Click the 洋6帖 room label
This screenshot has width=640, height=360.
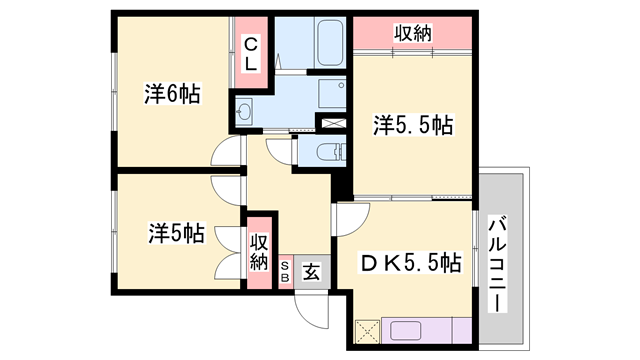coord(172,95)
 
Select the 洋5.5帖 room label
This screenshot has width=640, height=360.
coord(414,125)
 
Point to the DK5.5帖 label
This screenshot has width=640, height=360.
coord(410,263)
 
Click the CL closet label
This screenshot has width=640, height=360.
coord(249,52)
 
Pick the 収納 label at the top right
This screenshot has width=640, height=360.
coord(411,34)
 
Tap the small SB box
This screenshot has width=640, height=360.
coord(285,270)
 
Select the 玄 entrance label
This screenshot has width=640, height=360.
coord(311,270)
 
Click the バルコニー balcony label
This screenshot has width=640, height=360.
coord(497,264)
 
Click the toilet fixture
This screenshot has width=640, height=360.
coord(327,154)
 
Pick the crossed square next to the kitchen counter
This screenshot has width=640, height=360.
coord(366,329)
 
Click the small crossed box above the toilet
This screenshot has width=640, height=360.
coord(330,123)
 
